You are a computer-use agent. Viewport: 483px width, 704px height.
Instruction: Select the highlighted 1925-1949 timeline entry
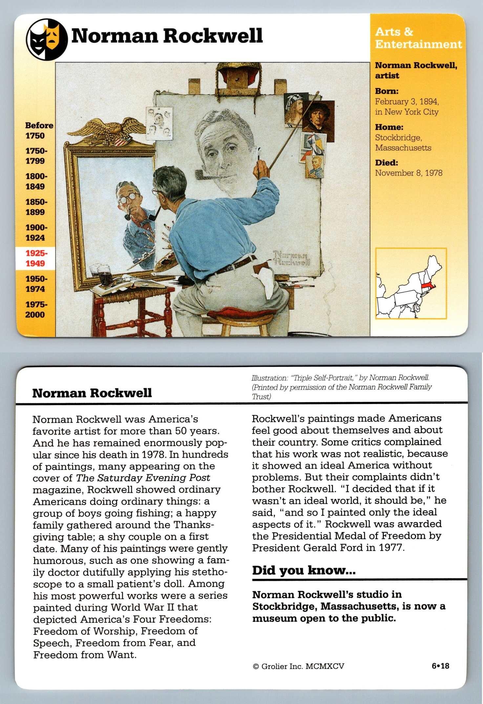point(36,258)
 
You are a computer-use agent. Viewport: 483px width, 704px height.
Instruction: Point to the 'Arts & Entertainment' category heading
point(418,38)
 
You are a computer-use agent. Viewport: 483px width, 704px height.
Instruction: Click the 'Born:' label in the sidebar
point(387,91)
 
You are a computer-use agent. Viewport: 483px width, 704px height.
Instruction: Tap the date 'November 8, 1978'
point(409,173)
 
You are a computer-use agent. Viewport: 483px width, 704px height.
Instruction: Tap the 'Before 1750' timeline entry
point(39,130)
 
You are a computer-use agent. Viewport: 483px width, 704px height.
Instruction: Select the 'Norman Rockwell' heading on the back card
point(92,393)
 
